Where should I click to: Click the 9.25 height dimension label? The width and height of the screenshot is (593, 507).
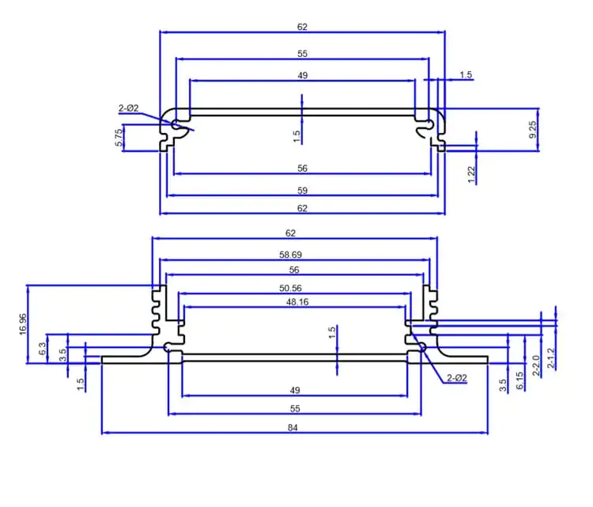[x=532, y=130]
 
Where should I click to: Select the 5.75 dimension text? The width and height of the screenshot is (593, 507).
[x=119, y=138]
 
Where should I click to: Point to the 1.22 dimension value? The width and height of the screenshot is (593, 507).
[x=471, y=175]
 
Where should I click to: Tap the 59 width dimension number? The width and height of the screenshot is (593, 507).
[x=302, y=191]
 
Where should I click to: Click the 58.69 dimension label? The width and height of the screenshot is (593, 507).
[x=290, y=255]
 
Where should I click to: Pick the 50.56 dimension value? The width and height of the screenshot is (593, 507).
[x=290, y=289]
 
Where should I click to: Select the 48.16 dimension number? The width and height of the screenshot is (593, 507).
[x=297, y=302]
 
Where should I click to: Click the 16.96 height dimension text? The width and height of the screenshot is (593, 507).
[x=23, y=324]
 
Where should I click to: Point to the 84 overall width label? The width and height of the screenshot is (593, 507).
[x=293, y=428]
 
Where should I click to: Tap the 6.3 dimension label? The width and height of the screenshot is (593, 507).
[x=43, y=349]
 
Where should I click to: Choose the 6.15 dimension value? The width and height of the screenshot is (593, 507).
[x=520, y=380]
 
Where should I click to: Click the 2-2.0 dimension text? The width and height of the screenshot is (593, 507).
[x=536, y=365]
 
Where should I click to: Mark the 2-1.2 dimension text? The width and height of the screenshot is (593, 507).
[x=551, y=358]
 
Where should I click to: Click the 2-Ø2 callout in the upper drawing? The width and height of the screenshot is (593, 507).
[x=129, y=108]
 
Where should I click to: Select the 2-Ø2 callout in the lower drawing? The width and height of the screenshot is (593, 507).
[x=457, y=378]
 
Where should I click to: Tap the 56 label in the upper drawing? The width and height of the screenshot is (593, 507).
[x=302, y=168]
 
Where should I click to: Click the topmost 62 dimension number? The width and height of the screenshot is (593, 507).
[x=302, y=27]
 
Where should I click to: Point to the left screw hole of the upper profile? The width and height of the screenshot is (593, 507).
[x=175, y=124]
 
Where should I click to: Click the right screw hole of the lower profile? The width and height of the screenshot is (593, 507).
[x=422, y=347]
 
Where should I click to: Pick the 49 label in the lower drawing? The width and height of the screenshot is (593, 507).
[x=295, y=390]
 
